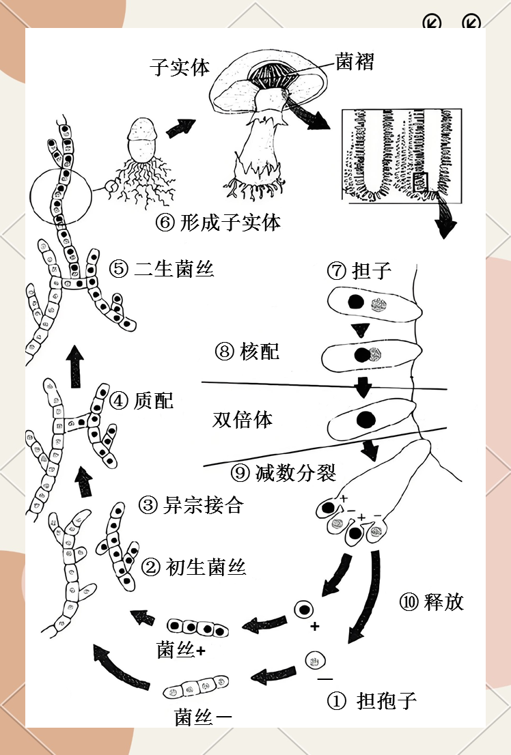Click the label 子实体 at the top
pos(180,68)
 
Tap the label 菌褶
pos(355,61)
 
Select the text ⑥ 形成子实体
pos(218,223)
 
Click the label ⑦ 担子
pos(359,270)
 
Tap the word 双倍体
pos(243,419)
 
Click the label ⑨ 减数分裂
pos(284,472)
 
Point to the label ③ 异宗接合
pos(191,505)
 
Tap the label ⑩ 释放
pos(431,601)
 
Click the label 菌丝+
pos(182,651)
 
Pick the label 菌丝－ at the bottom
pos(203,717)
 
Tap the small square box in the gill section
pos(421,182)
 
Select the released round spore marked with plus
pos(303,609)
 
